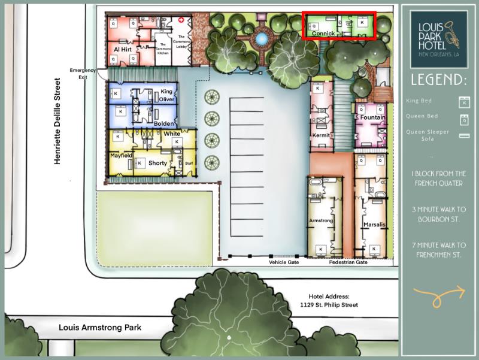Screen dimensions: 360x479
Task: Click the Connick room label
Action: pos(323,34)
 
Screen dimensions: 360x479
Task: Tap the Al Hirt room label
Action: pos(122,49)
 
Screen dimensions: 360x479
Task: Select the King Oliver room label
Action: pos(167,95)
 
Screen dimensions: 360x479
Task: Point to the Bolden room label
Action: pos(163,123)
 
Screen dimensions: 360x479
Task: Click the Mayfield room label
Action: pos(121,155)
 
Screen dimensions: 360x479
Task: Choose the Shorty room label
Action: pos(157,163)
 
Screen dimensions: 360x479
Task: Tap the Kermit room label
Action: pos(322,135)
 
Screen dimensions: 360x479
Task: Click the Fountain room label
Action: pos(372,117)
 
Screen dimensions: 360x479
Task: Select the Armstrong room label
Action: pos(320,221)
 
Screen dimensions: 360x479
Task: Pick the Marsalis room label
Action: pos(374,225)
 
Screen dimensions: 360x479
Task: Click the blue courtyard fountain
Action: pos(261,39)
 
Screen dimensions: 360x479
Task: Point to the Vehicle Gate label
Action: pos(284,262)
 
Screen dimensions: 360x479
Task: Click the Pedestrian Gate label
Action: pos(348,262)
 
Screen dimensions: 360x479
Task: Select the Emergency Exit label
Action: pos(83,74)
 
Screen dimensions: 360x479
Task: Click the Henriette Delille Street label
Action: pos(57,121)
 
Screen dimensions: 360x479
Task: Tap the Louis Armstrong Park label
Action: pos(99,328)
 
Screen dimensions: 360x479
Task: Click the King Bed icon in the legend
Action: pos(463,101)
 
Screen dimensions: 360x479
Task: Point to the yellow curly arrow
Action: pos(439,294)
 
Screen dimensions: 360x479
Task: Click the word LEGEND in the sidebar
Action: pos(439,80)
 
